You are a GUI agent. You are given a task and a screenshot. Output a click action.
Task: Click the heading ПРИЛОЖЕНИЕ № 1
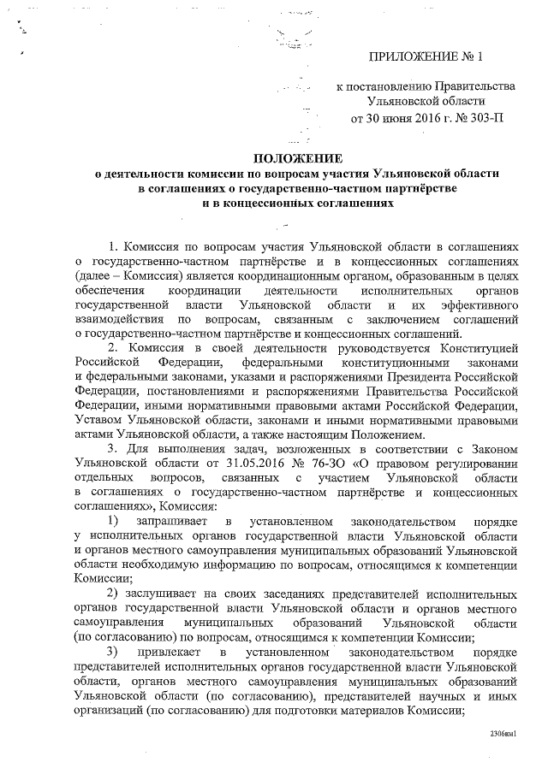[426, 58]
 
